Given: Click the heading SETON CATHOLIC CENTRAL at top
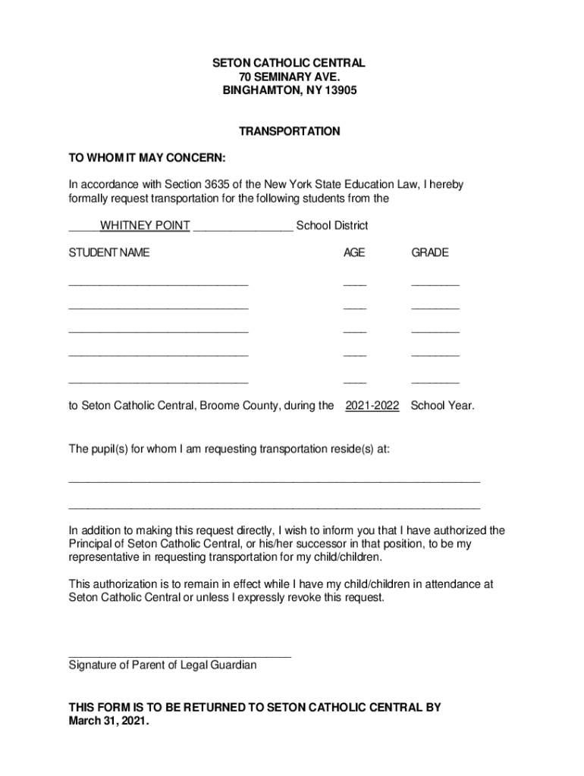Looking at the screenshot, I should click(289, 63).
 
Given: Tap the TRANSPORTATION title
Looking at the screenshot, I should click(289, 131).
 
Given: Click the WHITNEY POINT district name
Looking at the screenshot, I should click(145, 226).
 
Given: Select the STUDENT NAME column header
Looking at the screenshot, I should click(109, 252).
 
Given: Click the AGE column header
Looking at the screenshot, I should click(353, 252).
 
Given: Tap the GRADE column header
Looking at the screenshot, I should click(430, 252).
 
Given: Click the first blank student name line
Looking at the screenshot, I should click(158, 283).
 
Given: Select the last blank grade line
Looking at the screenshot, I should click(435, 382).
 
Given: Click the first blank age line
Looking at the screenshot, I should click(354, 283).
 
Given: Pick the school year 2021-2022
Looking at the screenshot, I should click(372, 405).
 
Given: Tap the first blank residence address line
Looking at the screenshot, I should click(274, 480).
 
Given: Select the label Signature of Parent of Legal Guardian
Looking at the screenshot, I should click(162, 665).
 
